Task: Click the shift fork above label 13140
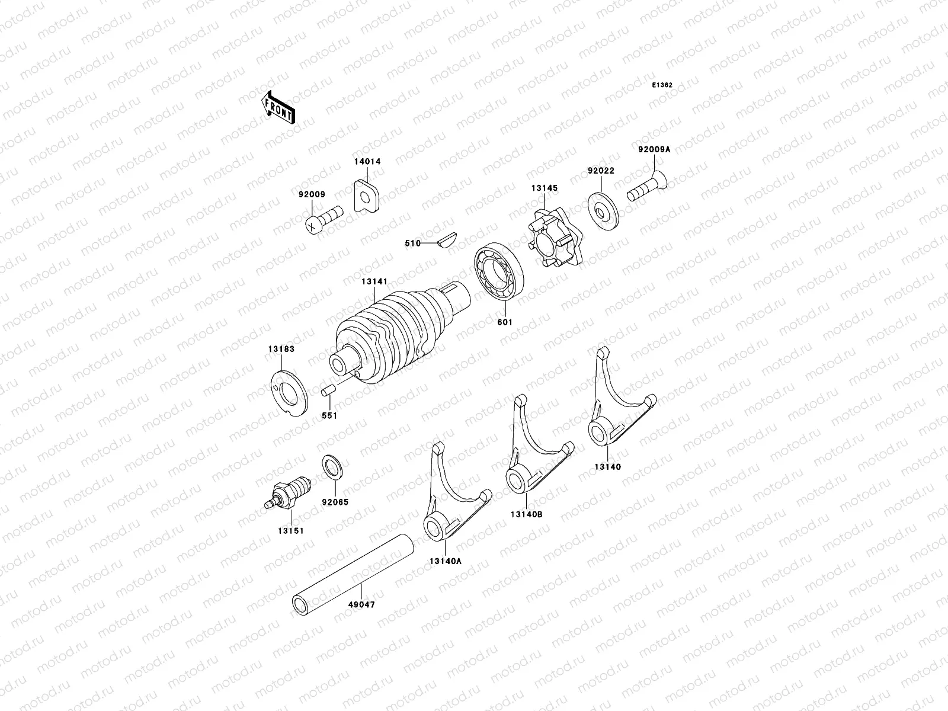click(616, 403)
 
